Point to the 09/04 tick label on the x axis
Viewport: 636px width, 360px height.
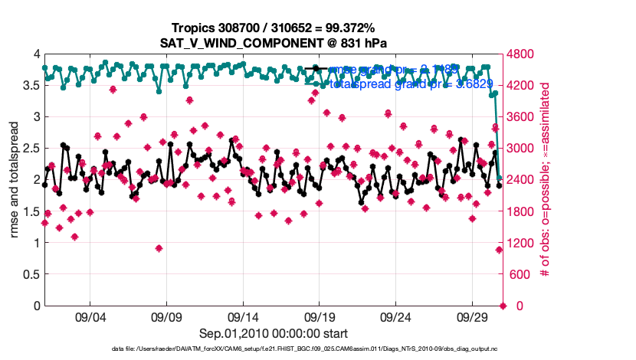90,317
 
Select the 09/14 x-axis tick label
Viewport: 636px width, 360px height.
244,317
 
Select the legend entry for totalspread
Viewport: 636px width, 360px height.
398,84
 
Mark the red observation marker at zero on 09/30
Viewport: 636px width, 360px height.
503,306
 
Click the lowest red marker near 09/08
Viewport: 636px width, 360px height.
159,248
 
